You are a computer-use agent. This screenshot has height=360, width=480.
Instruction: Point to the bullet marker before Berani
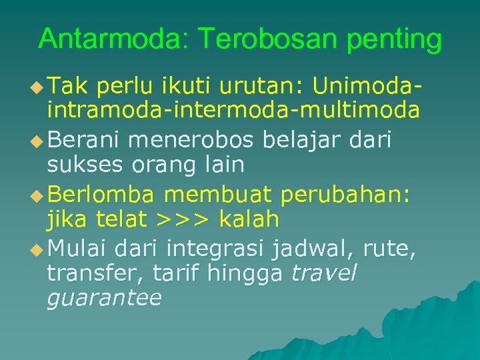[x=38, y=142]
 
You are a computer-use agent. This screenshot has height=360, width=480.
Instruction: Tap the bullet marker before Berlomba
[x=38, y=195]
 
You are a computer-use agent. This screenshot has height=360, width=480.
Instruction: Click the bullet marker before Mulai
[x=38, y=251]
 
